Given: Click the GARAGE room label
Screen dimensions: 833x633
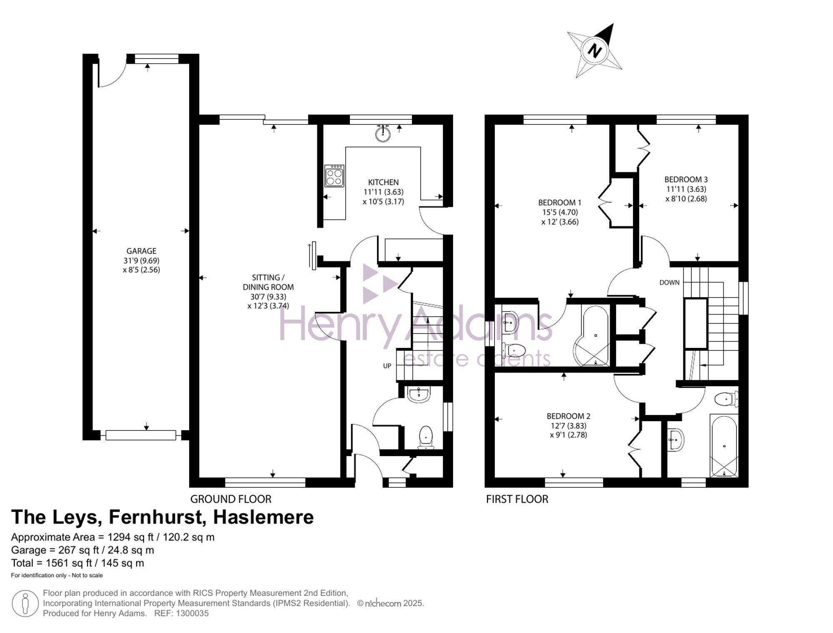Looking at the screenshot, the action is (x=141, y=251).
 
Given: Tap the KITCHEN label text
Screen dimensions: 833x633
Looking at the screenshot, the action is (x=383, y=182).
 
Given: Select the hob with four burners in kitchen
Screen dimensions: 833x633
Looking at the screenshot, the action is (x=334, y=176).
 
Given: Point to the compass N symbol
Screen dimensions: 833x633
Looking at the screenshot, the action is (x=595, y=51).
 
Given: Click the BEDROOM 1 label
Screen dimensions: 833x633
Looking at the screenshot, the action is (x=560, y=203).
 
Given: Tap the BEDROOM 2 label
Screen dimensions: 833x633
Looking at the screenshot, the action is (x=569, y=416).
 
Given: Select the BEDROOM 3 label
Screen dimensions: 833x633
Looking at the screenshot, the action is (x=686, y=179).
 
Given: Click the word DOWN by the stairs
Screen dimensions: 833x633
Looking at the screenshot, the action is (x=669, y=283).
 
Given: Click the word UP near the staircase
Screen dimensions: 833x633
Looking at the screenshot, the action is (x=387, y=366).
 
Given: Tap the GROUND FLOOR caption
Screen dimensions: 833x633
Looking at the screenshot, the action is (x=231, y=499).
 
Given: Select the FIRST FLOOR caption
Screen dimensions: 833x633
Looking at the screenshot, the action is (x=517, y=499).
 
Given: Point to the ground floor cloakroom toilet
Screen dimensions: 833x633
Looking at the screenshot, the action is (x=426, y=437).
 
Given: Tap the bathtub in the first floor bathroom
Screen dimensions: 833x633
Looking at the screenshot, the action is (x=724, y=446).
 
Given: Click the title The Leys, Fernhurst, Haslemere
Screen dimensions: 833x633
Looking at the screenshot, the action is (x=162, y=517).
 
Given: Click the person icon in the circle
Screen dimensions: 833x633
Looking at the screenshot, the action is (x=25, y=603).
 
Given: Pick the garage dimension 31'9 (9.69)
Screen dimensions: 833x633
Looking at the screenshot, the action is (x=141, y=261).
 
